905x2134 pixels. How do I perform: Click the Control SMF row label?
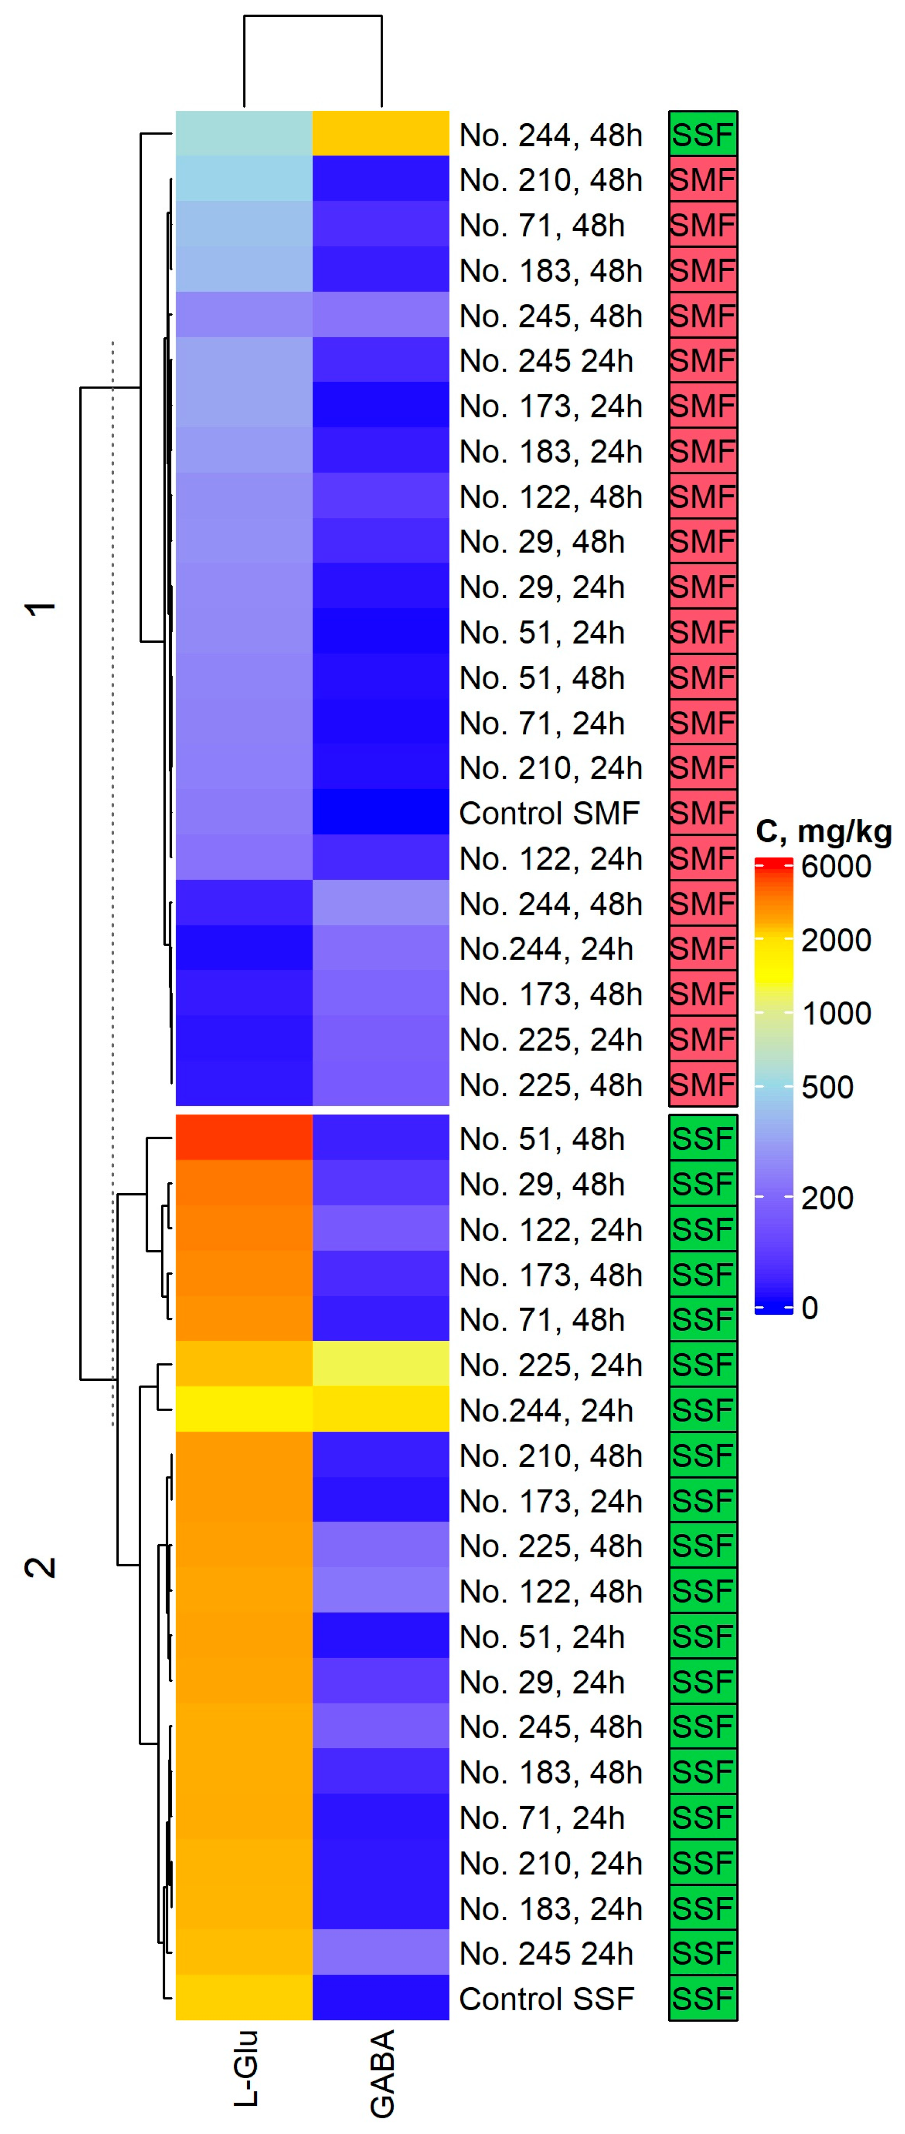pyautogui.click(x=549, y=814)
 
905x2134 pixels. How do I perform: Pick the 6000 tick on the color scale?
pyautogui.click(x=835, y=867)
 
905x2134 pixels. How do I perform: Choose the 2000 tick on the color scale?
pyautogui.click(x=835, y=940)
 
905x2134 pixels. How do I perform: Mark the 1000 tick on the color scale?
pyautogui.click(x=835, y=1013)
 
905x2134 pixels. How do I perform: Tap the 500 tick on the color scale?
pyautogui.click(x=827, y=1087)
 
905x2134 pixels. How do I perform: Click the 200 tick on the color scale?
pyautogui.click(x=827, y=1198)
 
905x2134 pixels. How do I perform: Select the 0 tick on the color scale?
pyautogui.click(x=809, y=1308)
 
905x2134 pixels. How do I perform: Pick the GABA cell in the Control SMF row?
pyautogui.click(x=381, y=812)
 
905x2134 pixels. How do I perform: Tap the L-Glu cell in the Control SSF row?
pyautogui.click(x=243, y=1997)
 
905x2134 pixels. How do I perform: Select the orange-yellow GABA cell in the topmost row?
pyautogui.click(x=381, y=133)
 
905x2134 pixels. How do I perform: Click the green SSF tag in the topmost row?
pyautogui.click(x=703, y=134)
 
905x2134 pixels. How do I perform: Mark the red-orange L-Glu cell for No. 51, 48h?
pyautogui.click(x=243, y=1138)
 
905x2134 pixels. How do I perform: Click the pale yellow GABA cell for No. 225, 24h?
pyautogui.click(x=381, y=1364)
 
